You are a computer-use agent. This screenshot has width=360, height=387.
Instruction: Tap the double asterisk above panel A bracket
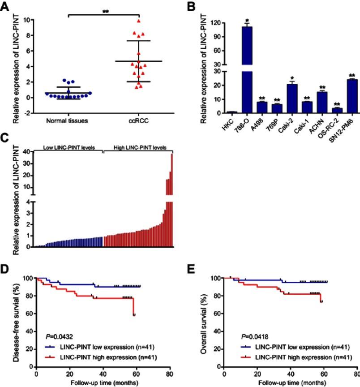click(106, 12)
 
